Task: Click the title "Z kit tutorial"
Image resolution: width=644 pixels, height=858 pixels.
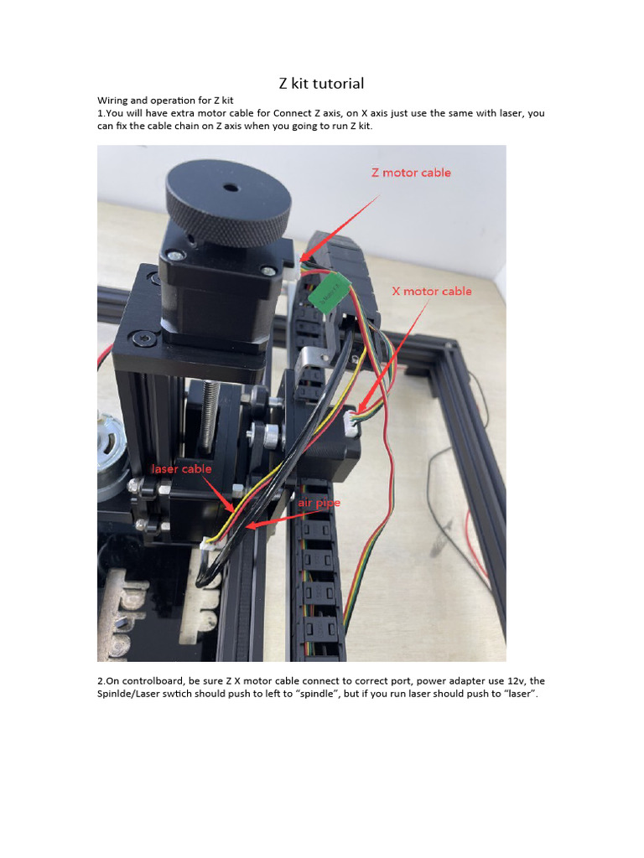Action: (321, 83)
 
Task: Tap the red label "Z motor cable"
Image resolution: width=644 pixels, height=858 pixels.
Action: (411, 173)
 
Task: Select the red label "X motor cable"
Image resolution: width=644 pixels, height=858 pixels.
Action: (432, 291)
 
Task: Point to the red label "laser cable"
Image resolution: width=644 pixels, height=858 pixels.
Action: (181, 469)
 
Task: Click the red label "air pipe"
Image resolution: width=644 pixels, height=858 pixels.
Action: (319, 503)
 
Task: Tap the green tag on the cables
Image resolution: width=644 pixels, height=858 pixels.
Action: (329, 291)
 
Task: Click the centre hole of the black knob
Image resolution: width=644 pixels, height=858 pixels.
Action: (231, 189)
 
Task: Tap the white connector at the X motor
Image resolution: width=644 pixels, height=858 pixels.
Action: (351, 423)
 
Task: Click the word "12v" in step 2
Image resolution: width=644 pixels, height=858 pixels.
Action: (516, 680)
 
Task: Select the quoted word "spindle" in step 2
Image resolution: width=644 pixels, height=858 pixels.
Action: (315, 694)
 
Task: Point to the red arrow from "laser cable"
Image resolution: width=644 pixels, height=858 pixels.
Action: (220, 494)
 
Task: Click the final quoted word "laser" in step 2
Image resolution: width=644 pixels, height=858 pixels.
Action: (520, 694)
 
